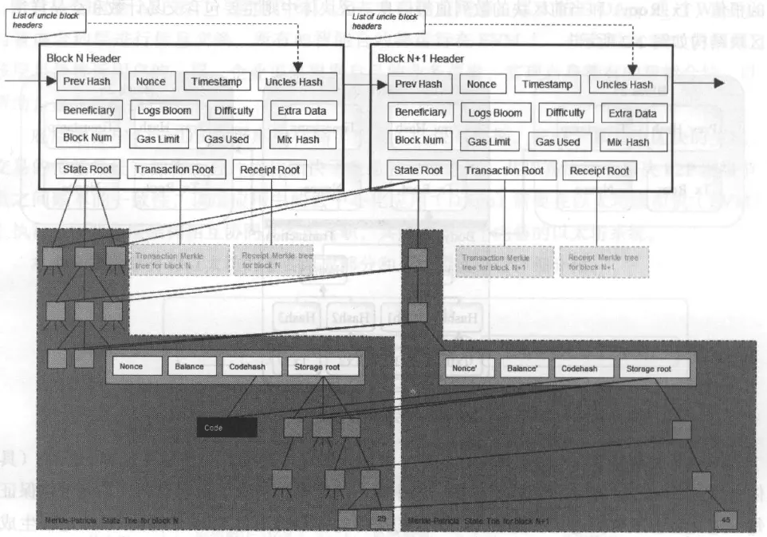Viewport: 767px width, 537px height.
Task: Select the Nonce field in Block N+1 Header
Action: coord(482,84)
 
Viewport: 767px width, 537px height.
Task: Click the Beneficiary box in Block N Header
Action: coord(88,110)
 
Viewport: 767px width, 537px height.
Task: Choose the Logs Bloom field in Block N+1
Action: coord(495,113)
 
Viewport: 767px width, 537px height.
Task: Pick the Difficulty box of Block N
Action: coord(234,111)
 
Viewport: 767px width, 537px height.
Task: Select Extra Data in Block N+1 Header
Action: coord(632,113)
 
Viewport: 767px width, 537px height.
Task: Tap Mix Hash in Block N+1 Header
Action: coord(628,142)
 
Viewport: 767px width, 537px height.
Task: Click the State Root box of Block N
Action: coord(88,169)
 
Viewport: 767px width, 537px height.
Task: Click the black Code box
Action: coord(227,428)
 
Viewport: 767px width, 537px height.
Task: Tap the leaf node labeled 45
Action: coord(726,520)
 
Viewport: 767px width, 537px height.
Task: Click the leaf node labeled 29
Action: coord(380,520)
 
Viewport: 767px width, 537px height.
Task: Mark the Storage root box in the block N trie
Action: coord(322,366)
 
